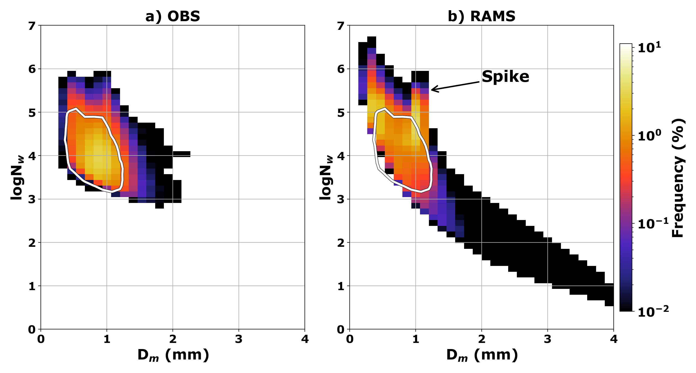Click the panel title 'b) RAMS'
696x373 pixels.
coord(481,16)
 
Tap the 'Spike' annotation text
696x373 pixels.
coord(505,76)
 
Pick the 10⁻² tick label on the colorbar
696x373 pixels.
coord(653,311)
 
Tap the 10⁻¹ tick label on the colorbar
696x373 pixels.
coord(653,224)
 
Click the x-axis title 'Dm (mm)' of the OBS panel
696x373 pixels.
coord(173,355)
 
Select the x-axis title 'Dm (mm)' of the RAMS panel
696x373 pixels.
coord(482,355)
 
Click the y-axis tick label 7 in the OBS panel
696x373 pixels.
coord(32,26)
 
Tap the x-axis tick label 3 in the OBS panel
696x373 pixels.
coord(239,339)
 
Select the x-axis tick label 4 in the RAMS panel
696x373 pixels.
coord(614,339)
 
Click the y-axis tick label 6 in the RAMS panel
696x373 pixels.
coord(341,69)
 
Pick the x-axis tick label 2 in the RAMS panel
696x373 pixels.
coord(481,339)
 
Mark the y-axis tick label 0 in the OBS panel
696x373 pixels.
coord(32,329)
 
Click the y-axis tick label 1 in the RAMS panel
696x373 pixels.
coord(341,286)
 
